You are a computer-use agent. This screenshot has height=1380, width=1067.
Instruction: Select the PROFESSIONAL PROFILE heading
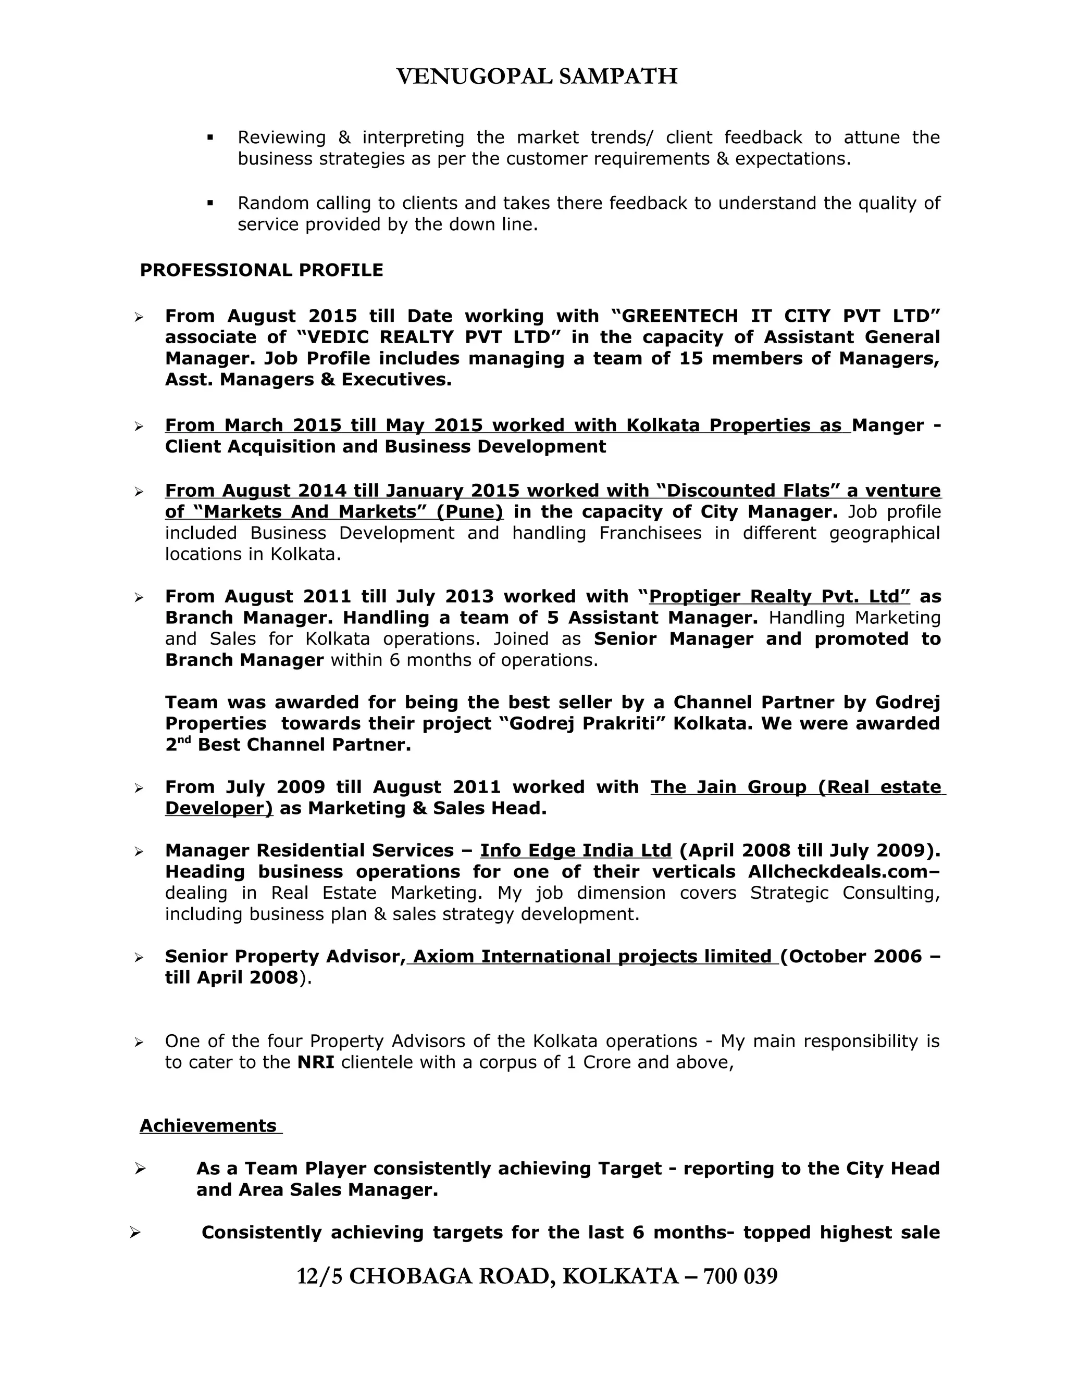(261, 270)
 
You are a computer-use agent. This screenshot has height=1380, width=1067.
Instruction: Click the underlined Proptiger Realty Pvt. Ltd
(779, 596)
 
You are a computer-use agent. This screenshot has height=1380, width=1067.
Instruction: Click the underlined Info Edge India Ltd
(575, 850)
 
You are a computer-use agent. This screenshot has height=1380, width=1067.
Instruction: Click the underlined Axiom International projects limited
(592, 956)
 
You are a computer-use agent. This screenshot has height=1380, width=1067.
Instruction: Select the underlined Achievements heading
(208, 1125)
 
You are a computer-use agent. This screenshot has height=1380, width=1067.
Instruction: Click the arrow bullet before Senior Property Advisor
(139, 958)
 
